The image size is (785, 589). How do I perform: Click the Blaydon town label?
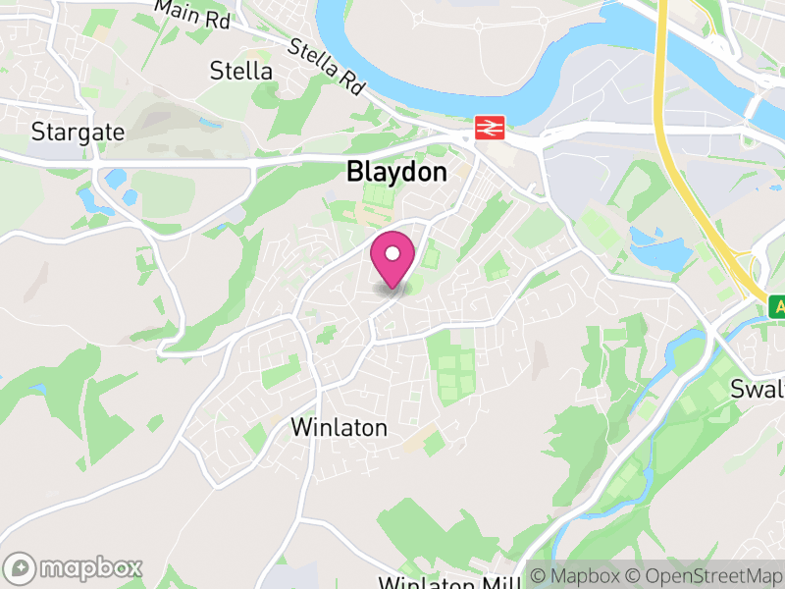pos(396,172)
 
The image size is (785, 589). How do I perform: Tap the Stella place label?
pos(241,71)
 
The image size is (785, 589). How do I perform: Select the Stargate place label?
pos(78,132)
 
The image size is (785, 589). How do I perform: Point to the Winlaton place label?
pos(340,428)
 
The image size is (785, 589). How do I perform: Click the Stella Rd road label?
pos(327,66)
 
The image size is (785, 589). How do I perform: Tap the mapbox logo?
pos(75,568)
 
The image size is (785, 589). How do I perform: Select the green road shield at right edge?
pos(777,305)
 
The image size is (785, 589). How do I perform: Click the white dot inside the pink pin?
pos(392,254)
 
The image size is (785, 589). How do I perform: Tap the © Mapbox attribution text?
pos(584,575)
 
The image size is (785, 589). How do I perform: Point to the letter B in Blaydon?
pos(354,172)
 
